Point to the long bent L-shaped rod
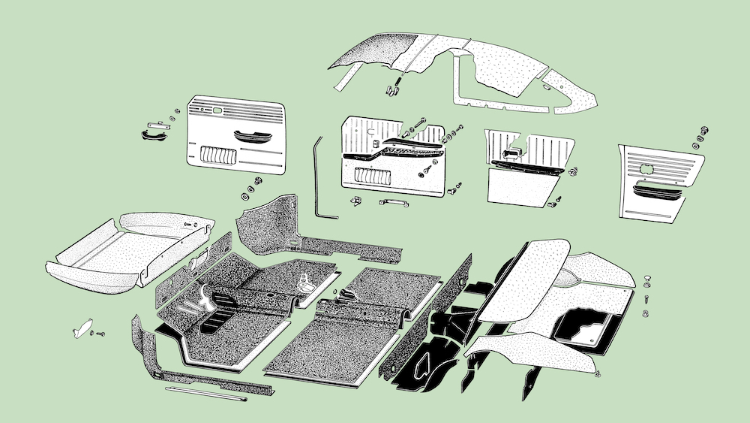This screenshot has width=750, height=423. point(322,180)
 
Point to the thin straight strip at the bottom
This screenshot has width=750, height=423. point(207,395)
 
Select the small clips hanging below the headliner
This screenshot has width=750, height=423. point(392,89)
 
